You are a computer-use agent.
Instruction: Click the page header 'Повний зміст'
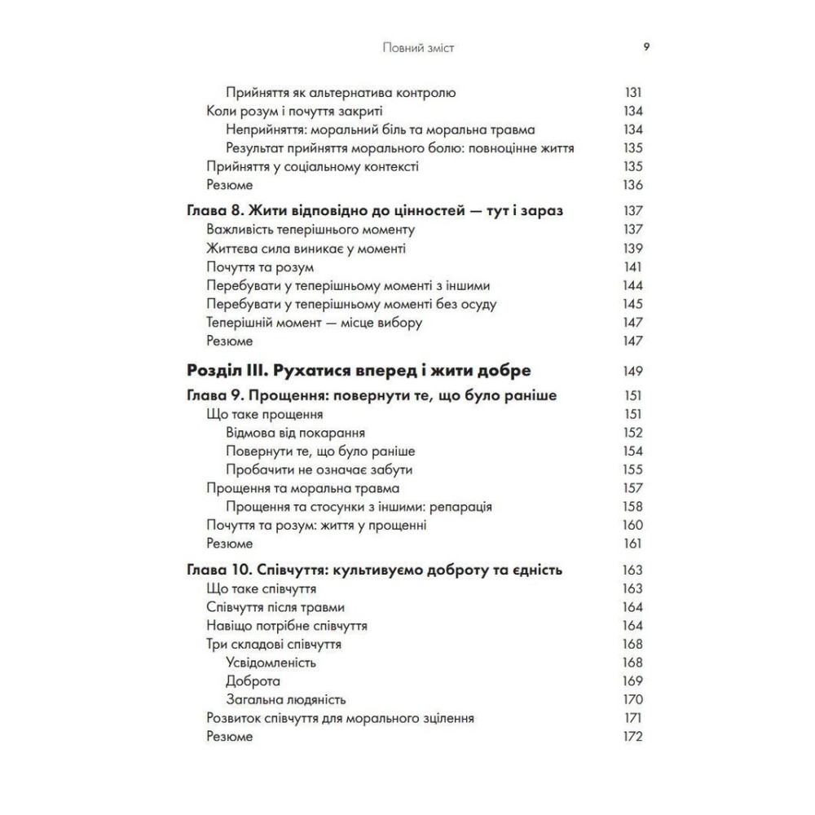pyautogui.click(x=418, y=48)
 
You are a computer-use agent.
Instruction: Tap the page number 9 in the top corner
pyautogui.click(x=646, y=47)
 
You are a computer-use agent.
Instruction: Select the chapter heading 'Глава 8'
pyautogui.click(x=376, y=210)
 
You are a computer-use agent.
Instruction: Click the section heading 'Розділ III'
pyautogui.click(x=359, y=371)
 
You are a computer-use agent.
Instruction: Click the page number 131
pyautogui.click(x=632, y=92)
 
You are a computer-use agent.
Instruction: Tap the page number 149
pyautogui.click(x=632, y=371)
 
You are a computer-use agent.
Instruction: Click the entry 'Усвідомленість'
pyautogui.click(x=271, y=662)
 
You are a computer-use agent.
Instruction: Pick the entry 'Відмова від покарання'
pyautogui.click(x=295, y=432)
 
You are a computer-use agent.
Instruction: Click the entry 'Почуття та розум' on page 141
pyautogui.click(x=261, y=267)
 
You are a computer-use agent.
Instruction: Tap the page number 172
pyautogui.click(x=632, y=737)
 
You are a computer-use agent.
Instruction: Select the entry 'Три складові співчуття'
pyautogui.click(x=274, y=644)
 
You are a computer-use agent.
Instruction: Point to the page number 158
pyautogui.click(x=632, y=506)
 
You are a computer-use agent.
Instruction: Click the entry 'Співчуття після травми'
pyautogui.click(x=276, y=606)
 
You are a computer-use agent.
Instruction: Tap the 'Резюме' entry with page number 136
pyautogui.click(x=230, y=185)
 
